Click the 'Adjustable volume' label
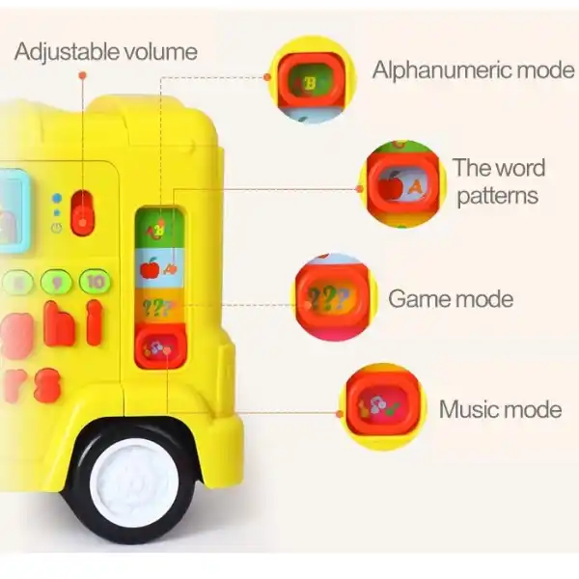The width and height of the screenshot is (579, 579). tap(105, 51)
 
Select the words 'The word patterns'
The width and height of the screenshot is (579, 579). tap(498, 181)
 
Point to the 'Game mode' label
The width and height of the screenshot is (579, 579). tap(451, 298)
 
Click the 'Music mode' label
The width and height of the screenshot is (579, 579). tap(500, 409)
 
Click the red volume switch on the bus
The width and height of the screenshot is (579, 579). tap(84, 213)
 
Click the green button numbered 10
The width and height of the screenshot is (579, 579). tap(95, 282)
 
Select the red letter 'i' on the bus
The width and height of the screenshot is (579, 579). tap(95, 322)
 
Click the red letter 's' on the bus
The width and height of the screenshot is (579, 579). tap(46, 383)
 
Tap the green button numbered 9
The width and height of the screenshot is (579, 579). tap(57, 282)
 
